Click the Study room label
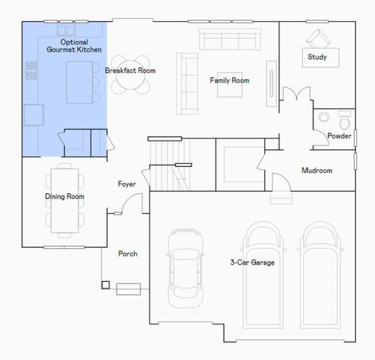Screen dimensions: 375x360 [x=317, y=57]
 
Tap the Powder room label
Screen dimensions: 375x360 [x=339, y=136]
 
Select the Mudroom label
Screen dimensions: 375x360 [x=317, y=170]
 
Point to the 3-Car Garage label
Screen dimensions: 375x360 [x=253, y=262]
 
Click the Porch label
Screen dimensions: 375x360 [x=128, y=253]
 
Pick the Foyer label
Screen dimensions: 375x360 [x=127, y=184]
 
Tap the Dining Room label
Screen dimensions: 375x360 [x=64, y=196]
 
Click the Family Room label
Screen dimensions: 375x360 [x=230, y=80]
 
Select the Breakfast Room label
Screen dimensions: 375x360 [x=130, y=70]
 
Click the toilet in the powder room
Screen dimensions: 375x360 [x=345, y=120]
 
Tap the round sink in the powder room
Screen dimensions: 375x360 [x=323, y=117]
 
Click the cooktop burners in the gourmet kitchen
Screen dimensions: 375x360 [x=31, y=70]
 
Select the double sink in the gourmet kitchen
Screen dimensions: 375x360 [x=66, y=30]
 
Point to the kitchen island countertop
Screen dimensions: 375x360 [x=80, y=83]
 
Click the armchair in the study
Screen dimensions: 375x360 [x=318, y=39]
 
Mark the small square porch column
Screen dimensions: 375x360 [x=105, y=285]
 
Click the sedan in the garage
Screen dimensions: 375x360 [x=185, y=268]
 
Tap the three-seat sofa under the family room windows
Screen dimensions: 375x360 [x=230, y=39]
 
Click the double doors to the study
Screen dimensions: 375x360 [x=296, y=94]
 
